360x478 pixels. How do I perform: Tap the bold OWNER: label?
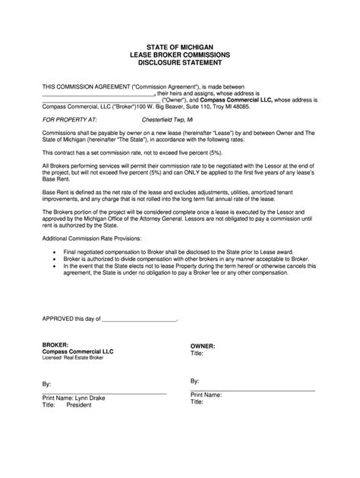(204, 346)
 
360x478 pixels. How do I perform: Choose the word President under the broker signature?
(79, 405)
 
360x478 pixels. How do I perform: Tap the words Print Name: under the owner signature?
(206, 395)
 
